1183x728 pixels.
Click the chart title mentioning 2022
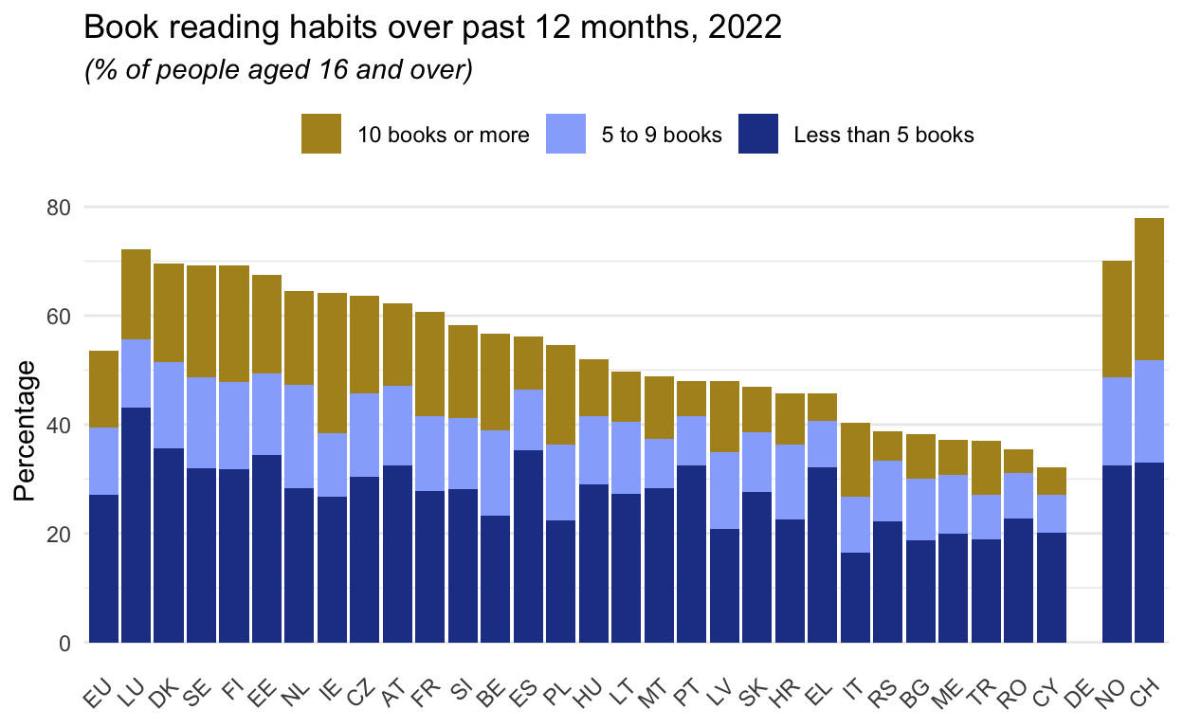[433, 27]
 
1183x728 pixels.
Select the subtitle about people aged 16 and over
[279, 71]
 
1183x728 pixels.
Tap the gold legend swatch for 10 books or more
[320, 134]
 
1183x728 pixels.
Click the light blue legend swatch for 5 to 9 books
[566, 134]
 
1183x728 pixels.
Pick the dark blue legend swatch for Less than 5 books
[758, 134]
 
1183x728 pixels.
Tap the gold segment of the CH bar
[1149, 289]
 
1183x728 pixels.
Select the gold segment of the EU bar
[103, 389]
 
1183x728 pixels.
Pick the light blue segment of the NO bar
[1117, 421]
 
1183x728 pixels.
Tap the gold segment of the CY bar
[1051, 481]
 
